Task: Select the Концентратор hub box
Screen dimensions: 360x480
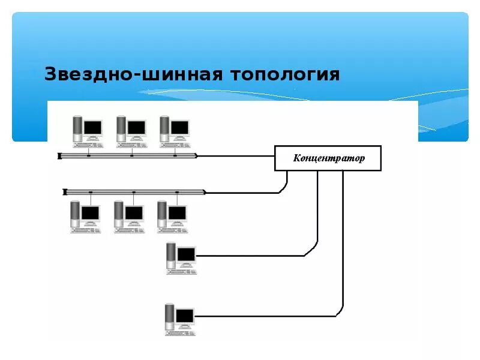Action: coord(328,158)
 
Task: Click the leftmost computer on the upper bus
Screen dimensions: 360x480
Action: coord(87,131)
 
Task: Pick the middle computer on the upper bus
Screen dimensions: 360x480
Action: coord(131,131)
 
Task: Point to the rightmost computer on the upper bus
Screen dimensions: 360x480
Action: coord(174,131)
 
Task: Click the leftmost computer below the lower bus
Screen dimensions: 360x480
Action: coord(85,215)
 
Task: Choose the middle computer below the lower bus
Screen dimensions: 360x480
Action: coord(128,215)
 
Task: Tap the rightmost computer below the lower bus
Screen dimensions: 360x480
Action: coord(172,215)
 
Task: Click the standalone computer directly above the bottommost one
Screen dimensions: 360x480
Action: coord(181,257)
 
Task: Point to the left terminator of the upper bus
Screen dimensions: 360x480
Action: coord(60,157)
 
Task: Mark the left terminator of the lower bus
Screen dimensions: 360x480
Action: coord(64,192)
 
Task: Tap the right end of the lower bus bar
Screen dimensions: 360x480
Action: coord(205,192)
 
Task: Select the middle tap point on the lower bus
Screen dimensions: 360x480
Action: coord(134,192)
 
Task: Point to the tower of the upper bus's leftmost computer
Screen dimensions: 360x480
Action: coord(77,128)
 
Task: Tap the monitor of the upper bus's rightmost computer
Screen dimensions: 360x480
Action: coord(179,128)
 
